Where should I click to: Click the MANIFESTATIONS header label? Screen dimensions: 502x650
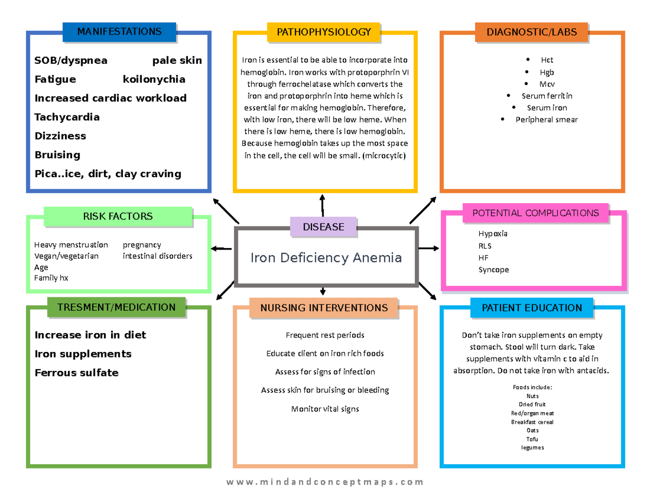tap(119, 32)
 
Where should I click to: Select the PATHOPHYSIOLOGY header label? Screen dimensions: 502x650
tap(324, 32)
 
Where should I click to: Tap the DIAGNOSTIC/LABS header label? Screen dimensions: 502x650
tap(531, 32)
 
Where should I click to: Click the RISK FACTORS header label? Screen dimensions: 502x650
tap(118, 217)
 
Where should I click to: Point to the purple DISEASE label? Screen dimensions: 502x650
tap(323, 227)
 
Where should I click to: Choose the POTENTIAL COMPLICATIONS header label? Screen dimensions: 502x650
tap(536, 213)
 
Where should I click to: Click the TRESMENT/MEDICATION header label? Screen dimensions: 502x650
tap(116, 308)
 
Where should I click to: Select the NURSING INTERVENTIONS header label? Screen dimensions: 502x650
tap(324, 308)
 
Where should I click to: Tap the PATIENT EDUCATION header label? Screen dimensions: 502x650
tap(531, 308)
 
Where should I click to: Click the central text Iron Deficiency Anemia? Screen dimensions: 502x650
tap(326, 258)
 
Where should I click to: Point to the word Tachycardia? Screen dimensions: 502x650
tap(67, 117)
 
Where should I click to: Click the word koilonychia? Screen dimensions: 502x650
tap(154, 79)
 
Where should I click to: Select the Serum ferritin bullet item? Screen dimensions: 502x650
tap(547, 96)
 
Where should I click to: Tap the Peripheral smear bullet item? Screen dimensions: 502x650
tap(546, 120)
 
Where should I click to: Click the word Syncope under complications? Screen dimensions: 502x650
tap(493, 270)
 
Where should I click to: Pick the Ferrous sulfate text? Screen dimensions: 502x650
tap(76, 373)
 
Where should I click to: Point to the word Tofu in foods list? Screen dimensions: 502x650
tap(532, 439)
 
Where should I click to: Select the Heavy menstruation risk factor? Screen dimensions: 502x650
tap(71, 245)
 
